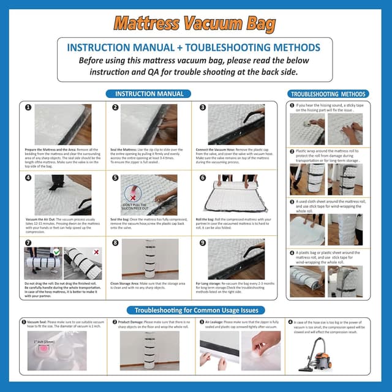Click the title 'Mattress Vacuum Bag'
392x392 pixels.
pos(195,24)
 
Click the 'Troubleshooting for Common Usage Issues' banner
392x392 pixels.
pos(195,310)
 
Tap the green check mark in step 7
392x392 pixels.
pos(57,251)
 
